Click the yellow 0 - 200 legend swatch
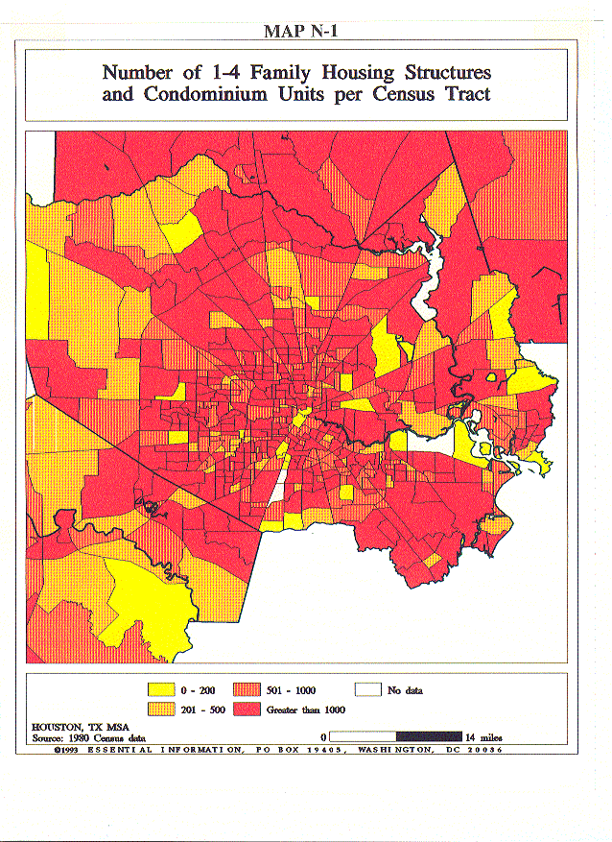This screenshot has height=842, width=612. pyautogui.click(x=161, y=690)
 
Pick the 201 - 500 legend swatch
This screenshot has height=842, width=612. pyautogui.click(x=161, y=710)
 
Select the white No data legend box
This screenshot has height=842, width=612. pyautogui.click(x=367, y=690)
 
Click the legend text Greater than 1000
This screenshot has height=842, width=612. pyautogui.click(x=313, y=710)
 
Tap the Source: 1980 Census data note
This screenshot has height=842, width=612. pyautogui.click(x=79, y=737)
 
